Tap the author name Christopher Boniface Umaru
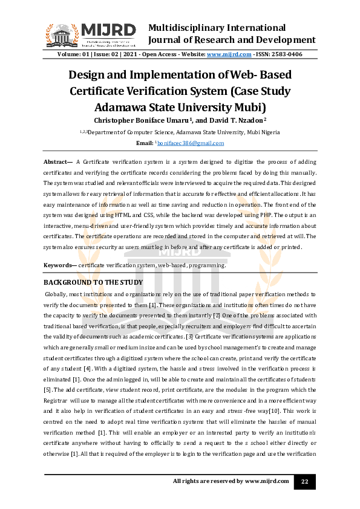point(136,120)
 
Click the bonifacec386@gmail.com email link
point(191,143)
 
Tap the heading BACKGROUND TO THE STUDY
point(93,282)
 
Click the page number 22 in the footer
point(305,481)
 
